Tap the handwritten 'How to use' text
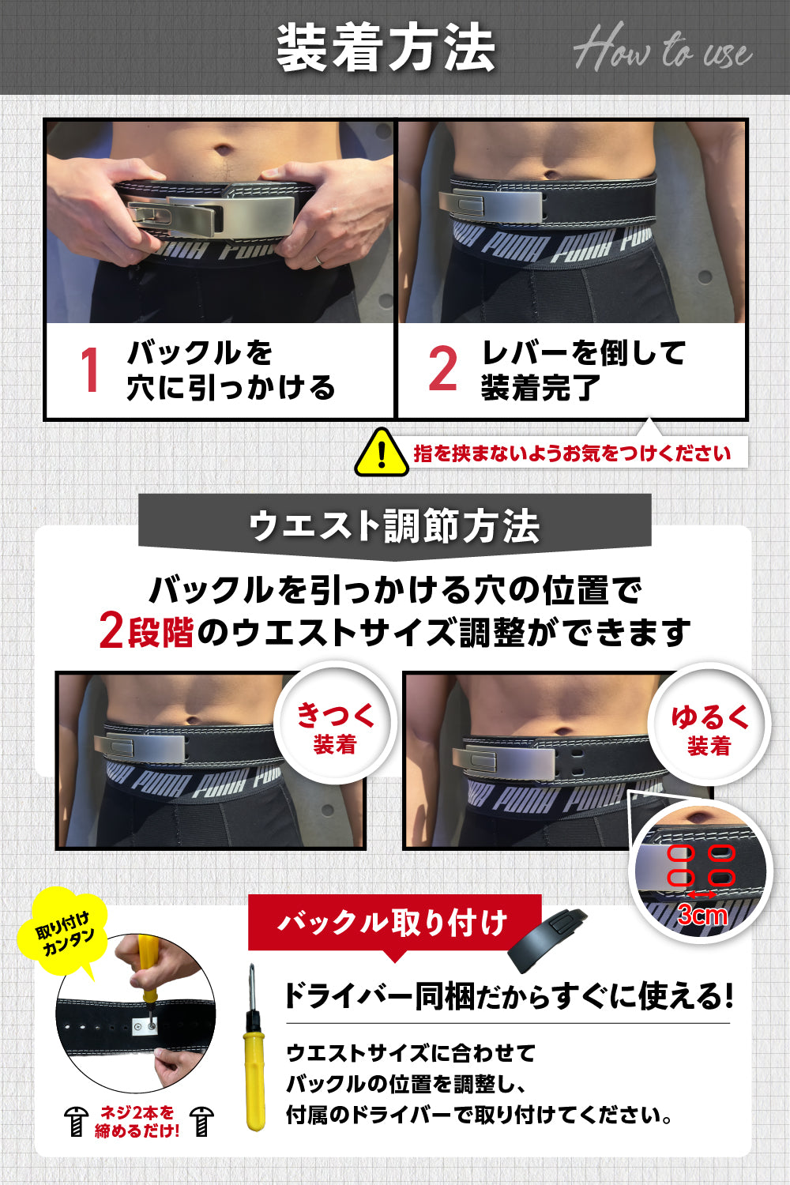pyautogui.click(x=662, y=51)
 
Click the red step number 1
pyautogui.click(x=89, y=370)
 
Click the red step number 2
pyautogui.click(x=442, y=369)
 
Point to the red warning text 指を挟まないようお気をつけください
pyautogui.click(x=572, y=453)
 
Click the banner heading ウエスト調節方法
pyautogui.click(x=394, y=525)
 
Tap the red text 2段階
pyautogui.click(x=146, y=631)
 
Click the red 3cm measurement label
pyautogui.click(x=702, y=915)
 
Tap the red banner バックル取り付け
pyautogui.click(x=393, y=922)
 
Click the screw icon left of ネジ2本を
pyautogui.click(x=77, y=1121)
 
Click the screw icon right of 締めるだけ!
pyautogui.click(x=202, y=1121)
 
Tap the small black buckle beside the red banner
pyautogui.click(x=547, y=939)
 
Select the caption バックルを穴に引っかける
pyautogui.click(x=231, y=370)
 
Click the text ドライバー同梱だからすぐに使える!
pyautogui.click(x=508, y=996)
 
